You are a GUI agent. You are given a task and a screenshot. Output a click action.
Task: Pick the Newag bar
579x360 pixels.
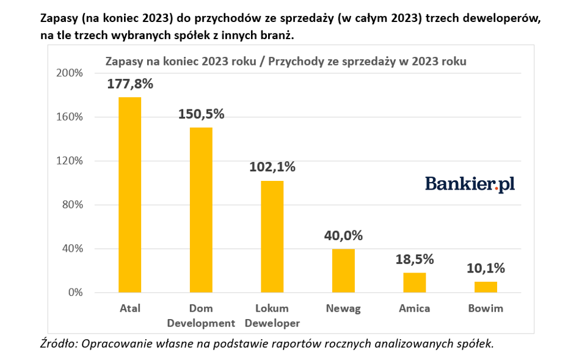click(x=343, y=270)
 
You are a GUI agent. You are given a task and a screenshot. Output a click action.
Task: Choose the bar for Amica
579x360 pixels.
click(x=415, y=282)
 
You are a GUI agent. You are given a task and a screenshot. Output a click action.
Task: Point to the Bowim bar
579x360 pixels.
click(x=486, y=287)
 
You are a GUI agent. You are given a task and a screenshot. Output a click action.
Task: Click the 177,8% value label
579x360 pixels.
click(x=130, y=84)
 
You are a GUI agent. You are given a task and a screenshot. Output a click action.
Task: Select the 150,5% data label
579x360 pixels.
click(x=202, y=114)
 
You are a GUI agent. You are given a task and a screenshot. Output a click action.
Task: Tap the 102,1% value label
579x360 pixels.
click(x=272, y=167)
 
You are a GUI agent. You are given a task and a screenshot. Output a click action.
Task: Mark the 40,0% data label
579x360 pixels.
click(x=343, y=235)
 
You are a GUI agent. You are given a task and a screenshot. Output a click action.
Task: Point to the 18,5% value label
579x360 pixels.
click(x=415, y=259)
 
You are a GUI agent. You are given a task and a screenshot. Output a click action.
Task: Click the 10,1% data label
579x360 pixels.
click(x=486, y=268)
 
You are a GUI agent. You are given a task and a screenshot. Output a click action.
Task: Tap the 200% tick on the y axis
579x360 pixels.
click(x=70, y=73)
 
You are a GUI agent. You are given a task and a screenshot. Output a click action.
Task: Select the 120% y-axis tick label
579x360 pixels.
click(x=70, y=161)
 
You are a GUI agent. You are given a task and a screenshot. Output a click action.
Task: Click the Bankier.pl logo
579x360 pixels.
click(x=470, y=184)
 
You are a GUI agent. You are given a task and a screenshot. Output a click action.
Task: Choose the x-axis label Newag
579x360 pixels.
click(x=343, y=309)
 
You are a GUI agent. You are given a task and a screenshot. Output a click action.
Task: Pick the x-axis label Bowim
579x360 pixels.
click(x=486, y=309)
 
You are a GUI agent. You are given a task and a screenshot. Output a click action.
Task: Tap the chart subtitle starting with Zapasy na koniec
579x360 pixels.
click(x=286, y=61)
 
